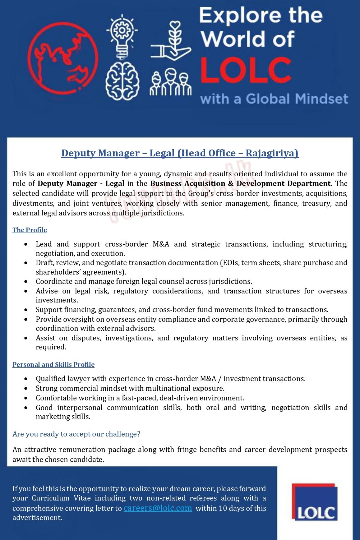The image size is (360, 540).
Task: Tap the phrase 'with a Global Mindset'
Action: pos(274,99)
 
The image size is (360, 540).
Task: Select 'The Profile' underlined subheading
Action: pos(30,230)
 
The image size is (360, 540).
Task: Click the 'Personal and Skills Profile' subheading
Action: pos(53,365)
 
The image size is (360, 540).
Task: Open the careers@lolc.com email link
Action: pos(158,508)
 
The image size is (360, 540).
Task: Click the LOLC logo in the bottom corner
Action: pos(315,502)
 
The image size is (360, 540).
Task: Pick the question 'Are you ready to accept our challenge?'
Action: pos(76,434)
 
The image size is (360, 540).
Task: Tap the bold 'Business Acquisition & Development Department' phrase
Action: pos(240,183)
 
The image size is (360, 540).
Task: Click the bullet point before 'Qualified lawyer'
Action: pos(26,379)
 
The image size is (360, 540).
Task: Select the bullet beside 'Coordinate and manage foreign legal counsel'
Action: pos(26,282)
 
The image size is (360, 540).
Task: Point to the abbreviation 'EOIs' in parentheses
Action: pos(230,263)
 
